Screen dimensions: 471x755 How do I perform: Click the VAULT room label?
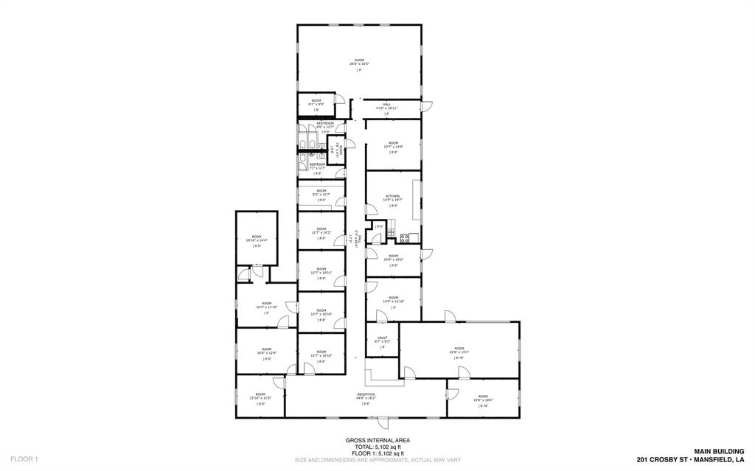click(382, 337)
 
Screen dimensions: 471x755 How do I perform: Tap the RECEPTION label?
click(366, 394)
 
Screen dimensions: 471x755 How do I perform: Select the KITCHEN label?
click(392, 196)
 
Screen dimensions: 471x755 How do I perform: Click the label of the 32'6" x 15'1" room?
click(459, 348)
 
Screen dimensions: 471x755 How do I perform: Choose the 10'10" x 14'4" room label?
click(256, 236)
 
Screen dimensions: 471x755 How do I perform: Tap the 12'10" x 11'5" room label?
click(260, 394)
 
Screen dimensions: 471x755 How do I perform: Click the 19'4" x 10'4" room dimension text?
click(483, 400)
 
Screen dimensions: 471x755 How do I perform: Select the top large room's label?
click(359, 60)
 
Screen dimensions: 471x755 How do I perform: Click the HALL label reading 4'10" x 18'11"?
click(386, 105)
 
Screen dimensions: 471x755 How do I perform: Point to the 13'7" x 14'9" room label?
click(393, 143)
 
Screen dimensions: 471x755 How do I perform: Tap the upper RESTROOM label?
click(325, 123)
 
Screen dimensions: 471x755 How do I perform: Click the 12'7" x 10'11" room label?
click(321, 269)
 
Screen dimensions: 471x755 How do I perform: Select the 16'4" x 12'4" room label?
click(266, 349)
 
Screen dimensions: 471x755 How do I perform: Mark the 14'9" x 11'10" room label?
click(393, 298)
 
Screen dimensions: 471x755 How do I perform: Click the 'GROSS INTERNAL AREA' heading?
click(377, 440)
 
